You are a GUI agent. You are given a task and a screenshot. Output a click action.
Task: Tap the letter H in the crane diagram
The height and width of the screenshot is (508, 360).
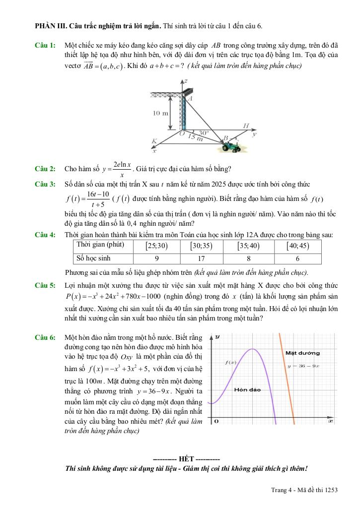[246, 126]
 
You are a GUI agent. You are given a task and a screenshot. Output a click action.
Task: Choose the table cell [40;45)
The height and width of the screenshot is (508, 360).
[297, 246]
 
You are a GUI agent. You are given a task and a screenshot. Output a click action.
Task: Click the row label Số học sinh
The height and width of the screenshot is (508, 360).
[92, 258]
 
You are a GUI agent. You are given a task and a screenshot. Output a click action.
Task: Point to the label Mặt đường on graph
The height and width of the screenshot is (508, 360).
[303, 353]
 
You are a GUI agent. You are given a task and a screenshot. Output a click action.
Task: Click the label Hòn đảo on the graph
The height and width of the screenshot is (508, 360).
[247, 389]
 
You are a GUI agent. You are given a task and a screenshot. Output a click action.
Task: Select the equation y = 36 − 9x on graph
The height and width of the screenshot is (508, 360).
[303, 366]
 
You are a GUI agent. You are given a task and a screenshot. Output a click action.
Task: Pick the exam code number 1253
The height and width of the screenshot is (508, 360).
[329, 490]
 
